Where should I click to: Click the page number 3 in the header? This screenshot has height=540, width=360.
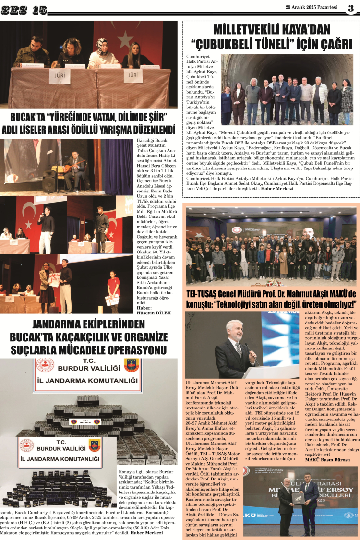(351, 9)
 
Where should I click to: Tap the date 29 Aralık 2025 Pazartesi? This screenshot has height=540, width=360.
(311, 7)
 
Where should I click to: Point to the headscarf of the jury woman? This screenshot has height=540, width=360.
(102, 44)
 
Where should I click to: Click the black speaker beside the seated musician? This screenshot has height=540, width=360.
(49, 181)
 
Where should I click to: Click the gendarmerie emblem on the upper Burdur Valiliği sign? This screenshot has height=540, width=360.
(131, 365)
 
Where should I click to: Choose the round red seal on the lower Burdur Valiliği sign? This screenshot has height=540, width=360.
(26, 445)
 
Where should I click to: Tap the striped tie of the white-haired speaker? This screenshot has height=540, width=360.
(239, 349)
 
